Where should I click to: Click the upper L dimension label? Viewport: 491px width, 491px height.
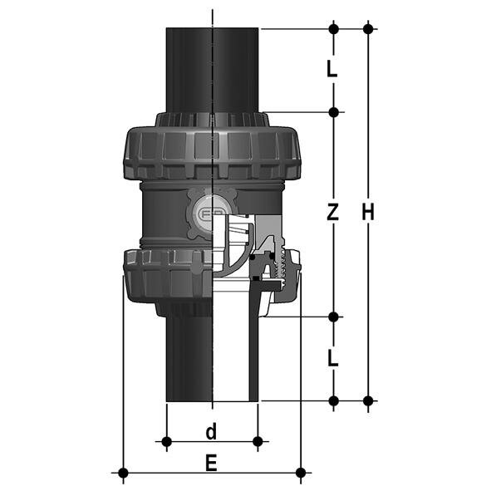point(332,70)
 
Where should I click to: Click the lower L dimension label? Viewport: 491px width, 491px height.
point(332,359)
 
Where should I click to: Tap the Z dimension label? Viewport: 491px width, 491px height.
point(332,213)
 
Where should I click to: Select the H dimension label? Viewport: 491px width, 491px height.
point(368,213)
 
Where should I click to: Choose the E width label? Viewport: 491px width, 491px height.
point(211,464)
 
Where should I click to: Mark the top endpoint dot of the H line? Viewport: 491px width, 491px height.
point(368,29)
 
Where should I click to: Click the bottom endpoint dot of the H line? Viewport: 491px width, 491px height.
point(368,400)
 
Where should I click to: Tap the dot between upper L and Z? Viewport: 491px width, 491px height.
point(333,112)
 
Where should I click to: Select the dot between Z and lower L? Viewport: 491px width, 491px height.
point(333,317)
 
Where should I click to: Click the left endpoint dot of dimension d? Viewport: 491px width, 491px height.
point(167,440)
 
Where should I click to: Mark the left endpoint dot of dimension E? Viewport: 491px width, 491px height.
point(123,474)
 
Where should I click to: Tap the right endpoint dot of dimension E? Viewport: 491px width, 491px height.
point(300,474)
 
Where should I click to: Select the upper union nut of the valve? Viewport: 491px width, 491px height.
point(199,154)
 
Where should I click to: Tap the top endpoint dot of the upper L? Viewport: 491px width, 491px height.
point(333,29)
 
